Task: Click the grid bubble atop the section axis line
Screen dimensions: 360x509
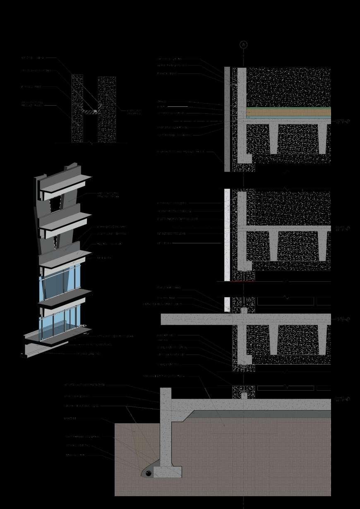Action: coord(243,45)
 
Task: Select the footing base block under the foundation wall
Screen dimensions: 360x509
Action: coord(167,472)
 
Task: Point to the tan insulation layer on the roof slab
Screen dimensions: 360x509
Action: coord(288,112)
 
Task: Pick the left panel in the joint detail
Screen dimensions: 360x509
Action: coord(77,108)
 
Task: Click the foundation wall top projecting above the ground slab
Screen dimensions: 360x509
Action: coord(166,393)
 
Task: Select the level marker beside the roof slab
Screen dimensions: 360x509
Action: coord(343,121)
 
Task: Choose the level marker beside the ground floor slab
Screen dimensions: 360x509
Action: coord(343,399)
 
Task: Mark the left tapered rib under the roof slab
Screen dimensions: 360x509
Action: coord(274,139)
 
